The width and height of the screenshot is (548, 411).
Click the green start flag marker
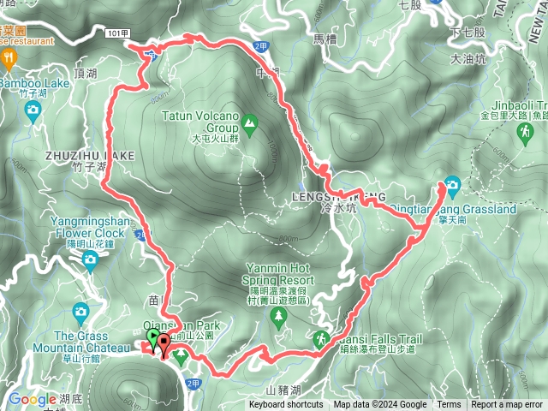(153, 341)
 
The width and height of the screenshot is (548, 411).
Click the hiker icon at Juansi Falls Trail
(321, 339)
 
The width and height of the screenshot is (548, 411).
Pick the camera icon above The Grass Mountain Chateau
(81, 312)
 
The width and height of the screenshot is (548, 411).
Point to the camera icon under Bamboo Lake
(33, 109)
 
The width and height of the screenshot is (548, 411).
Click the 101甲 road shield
(119, 33)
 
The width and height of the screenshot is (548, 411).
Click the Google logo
(32, 399)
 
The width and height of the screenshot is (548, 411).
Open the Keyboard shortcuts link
(286, 405)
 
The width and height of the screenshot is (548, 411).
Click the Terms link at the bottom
(449, 405)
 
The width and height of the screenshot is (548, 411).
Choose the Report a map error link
(507, 405)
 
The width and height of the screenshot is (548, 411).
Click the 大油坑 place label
(468, 59)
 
